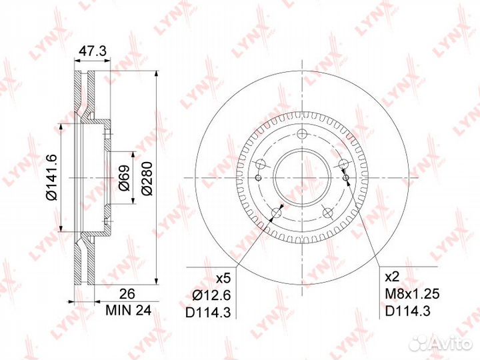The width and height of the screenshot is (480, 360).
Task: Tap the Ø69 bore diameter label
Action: coord(125,179)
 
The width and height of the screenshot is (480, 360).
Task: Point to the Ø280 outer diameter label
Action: coord(147,179)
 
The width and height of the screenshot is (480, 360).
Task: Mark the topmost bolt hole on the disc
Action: coord(301,133)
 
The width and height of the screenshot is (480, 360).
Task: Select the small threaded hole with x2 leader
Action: coord(347,176)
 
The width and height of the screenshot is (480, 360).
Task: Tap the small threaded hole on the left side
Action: coord(257,177)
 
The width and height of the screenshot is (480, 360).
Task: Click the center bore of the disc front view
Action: coord(301,179)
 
